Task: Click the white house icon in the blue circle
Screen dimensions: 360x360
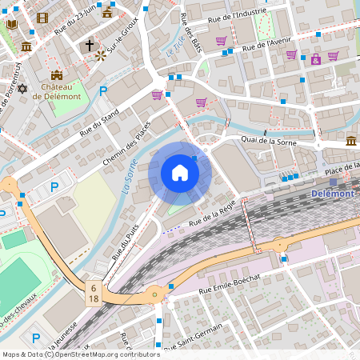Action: [x=180, y=173]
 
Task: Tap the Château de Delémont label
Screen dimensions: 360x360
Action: [x=57, y=90]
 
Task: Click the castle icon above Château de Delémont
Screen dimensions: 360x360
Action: [x=57, y=74]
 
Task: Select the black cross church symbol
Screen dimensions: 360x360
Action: [x=90, y=46]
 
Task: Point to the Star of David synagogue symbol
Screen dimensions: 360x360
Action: [x=22, y=88]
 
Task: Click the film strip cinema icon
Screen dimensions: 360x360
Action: [x=42, y=18]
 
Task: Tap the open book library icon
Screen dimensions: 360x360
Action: [x=11, y=25]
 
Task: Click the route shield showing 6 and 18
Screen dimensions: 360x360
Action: [x=94, y=293]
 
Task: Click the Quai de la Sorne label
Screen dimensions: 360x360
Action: [x=274, y=140]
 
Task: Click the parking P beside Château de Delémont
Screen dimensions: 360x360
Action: [x=102, y=91]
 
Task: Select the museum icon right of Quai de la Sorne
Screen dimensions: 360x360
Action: [x=351, y=141]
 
